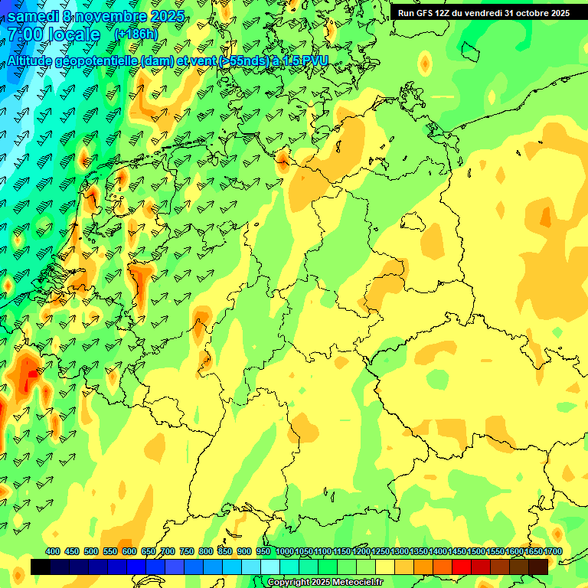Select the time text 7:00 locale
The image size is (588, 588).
[54, 35]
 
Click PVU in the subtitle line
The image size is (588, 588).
[314, 61]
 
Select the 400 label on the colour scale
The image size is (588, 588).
[53, 552]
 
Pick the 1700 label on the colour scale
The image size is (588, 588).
[552, 552]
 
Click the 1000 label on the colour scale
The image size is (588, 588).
[285, 552]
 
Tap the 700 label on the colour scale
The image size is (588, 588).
[168, 552]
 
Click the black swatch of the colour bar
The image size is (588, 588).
[41, 567]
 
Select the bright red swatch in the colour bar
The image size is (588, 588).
[462, 567]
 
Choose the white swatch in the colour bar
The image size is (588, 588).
[270, 567]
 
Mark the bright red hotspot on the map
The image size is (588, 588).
[30, 375]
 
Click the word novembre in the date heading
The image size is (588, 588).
[114, 16]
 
